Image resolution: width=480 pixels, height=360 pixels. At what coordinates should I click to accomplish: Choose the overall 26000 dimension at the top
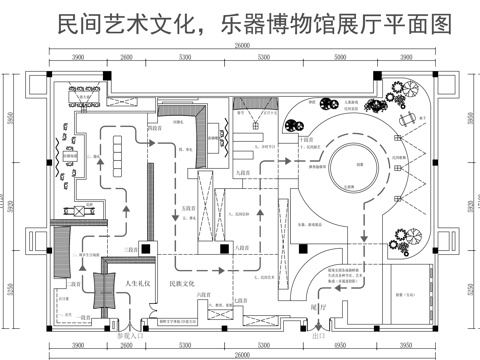[241, 47]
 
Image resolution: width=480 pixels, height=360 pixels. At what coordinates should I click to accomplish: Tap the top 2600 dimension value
[126, 59]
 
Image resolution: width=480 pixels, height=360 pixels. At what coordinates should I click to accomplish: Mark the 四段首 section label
[155, 128]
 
